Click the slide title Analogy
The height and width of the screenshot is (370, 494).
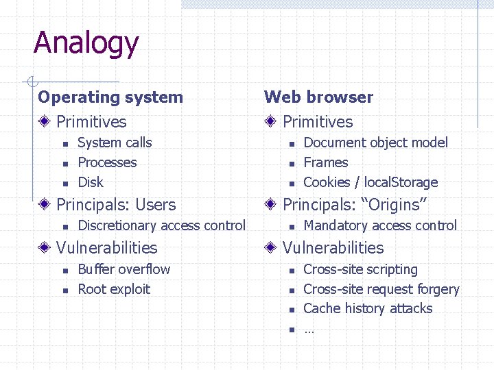point(86,43)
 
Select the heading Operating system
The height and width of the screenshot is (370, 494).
point(110,97)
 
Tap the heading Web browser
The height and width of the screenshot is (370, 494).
point(318,97)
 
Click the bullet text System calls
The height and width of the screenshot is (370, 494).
point(115,143)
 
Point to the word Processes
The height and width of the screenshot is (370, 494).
point(107,162)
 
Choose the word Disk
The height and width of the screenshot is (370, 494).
point(91,182)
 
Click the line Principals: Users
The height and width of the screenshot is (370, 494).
point(116,205)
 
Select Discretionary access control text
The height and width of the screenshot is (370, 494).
point(161,225)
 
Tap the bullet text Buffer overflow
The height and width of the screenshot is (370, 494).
point(123,269)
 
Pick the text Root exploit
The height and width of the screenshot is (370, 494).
point(114,289)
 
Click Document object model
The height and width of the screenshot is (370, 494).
point(375,143)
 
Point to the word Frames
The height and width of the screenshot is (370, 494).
point(325,162)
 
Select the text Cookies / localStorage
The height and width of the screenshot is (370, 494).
point(370,182)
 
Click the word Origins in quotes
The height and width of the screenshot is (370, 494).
point(394,205)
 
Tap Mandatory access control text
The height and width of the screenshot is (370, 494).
point(379,225)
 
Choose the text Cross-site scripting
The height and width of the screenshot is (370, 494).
point(360,269)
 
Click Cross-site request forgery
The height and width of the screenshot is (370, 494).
point(381,289)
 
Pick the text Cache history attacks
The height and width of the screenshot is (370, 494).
point(368,308)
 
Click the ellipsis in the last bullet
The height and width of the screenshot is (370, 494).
point(308,330)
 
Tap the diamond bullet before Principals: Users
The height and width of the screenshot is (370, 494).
point(44,205)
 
